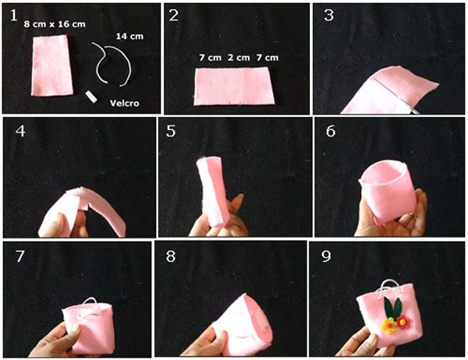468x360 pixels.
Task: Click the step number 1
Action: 14,16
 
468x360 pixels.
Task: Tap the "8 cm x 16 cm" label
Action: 55,24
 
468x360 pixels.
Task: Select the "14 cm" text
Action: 129,37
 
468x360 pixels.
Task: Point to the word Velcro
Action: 125,103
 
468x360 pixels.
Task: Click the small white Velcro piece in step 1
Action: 91,97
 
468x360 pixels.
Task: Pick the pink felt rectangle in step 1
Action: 52,65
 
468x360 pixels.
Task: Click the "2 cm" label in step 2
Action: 239,58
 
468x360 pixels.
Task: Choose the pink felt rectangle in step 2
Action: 234,86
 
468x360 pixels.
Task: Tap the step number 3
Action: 328,15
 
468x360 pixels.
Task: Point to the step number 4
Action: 20,131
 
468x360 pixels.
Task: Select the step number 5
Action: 171,131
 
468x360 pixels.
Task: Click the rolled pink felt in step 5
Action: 213,192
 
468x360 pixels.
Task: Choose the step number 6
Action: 331,131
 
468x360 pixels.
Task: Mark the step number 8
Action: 171,256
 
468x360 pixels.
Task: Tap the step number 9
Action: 326,256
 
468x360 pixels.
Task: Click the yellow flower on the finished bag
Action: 389,326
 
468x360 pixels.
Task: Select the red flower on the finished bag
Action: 403,322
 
